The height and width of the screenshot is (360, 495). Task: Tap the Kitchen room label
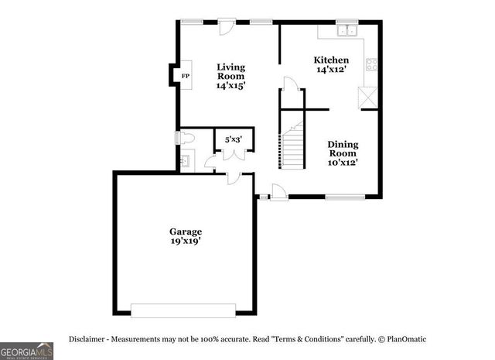(x=331, y=60)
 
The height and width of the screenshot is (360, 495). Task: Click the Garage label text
(x=186, y=231)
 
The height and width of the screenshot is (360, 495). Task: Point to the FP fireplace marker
(x=186, y=77)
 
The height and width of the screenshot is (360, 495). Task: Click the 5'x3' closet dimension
(x=233, y=139)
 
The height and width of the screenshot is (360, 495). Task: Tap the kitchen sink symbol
(x=346, y=32)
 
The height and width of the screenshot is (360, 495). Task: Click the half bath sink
(x=185, y=162)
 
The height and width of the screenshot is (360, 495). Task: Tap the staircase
(x=292, y=147)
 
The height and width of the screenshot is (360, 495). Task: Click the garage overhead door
(x=183, y=310)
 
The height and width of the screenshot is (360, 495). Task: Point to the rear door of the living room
(x=227, y=26)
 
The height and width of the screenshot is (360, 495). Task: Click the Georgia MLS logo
(x=26, y=350)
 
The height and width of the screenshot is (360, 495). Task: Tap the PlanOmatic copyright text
(x=402, y=339)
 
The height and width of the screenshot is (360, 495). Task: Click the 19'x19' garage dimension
(x=186, y=242)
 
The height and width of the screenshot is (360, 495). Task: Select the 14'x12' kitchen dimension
(x=331, y=70)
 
